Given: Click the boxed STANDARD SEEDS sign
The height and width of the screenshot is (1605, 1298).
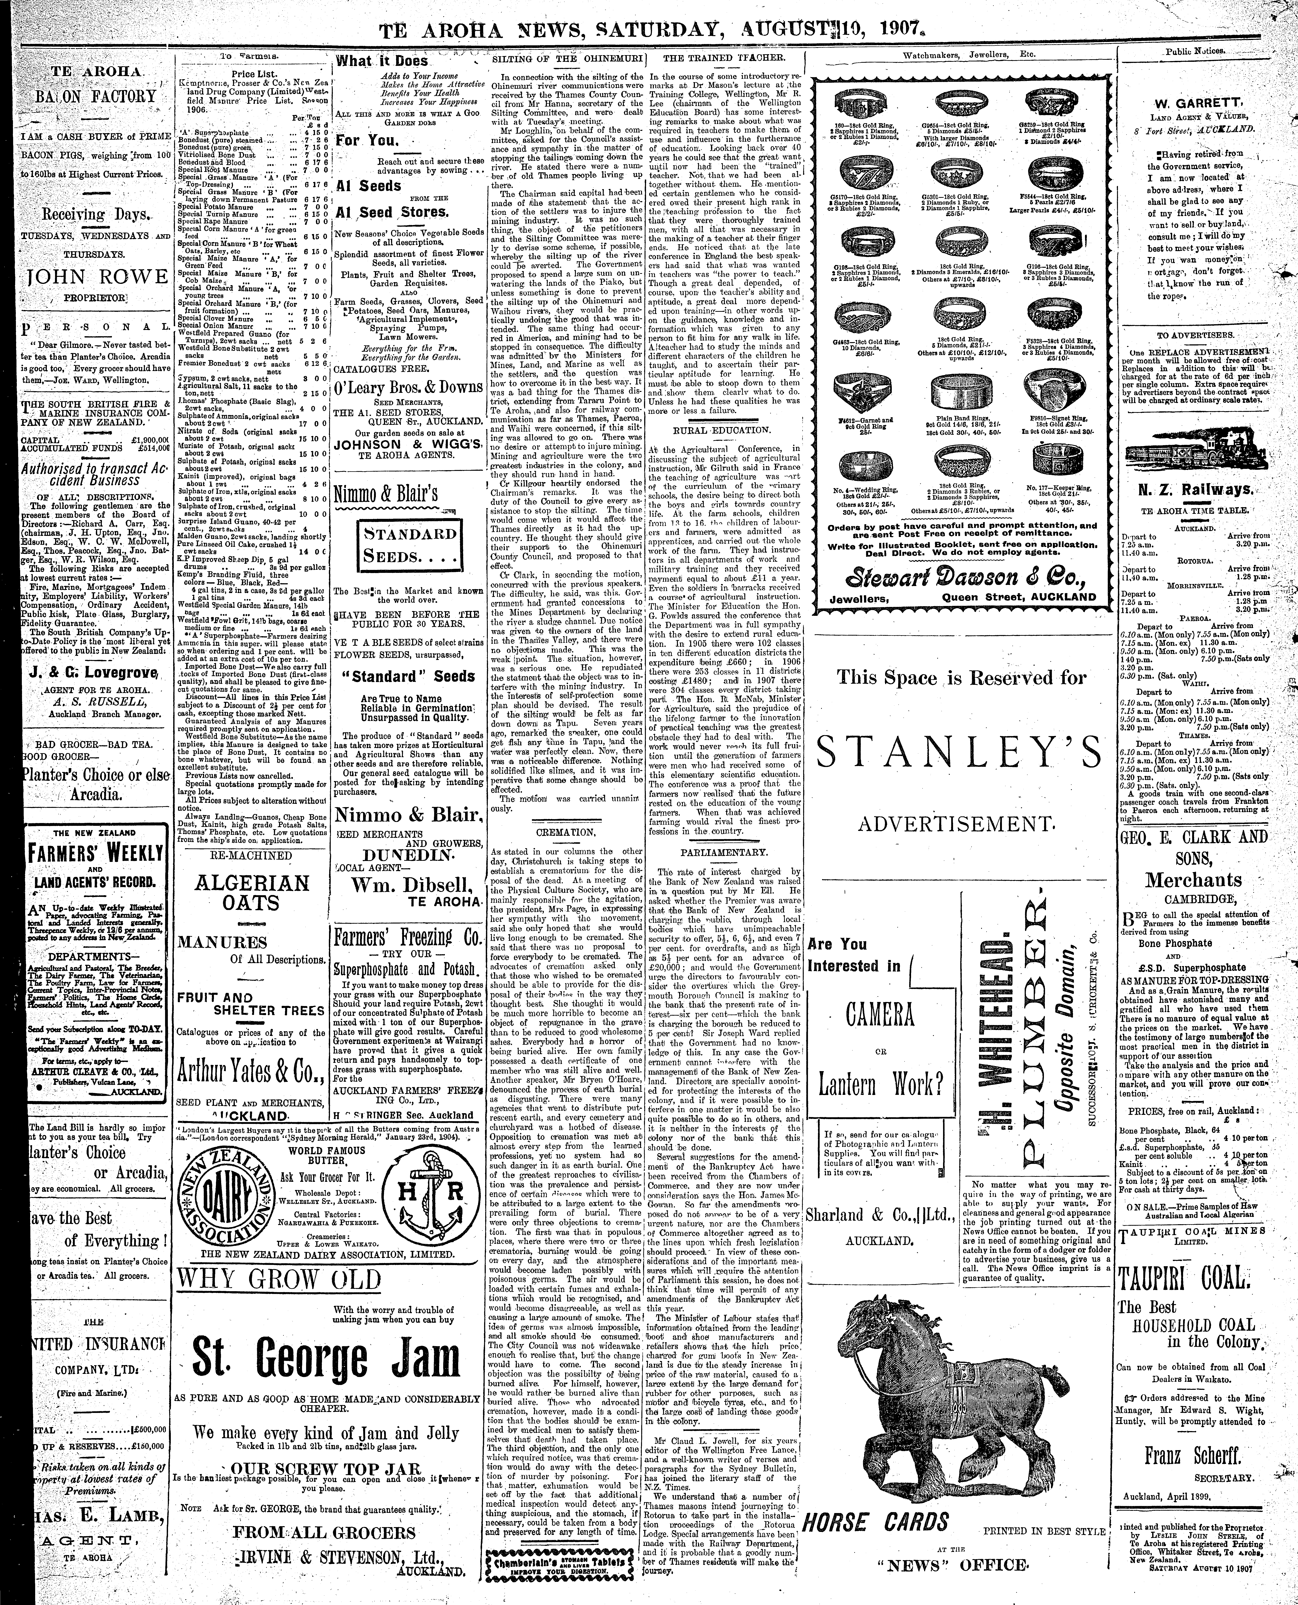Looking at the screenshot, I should click(409, 545).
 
